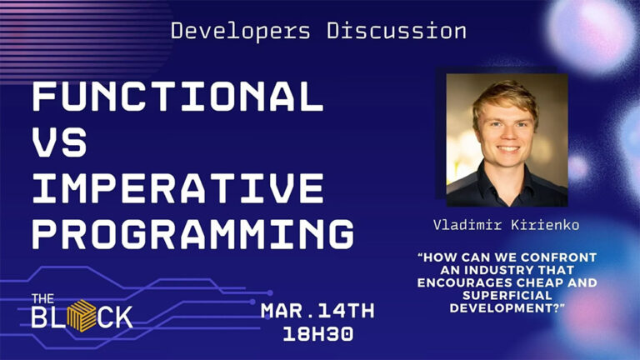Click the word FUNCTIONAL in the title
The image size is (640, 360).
(177, 98)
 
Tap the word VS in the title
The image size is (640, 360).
(59, 143)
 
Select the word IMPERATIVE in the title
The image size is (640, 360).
(177, 188)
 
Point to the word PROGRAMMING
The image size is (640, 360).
(192, 233)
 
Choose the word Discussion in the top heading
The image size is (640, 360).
(396, 32)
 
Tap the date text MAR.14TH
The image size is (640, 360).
(317, 311)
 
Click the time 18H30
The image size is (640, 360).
(317, 335)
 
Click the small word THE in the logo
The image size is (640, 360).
(42, 298)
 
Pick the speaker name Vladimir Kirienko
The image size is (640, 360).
(505, 225)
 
